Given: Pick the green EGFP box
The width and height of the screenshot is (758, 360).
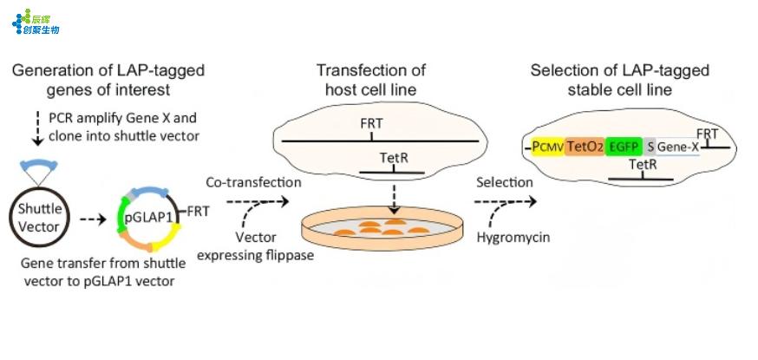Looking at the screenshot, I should coord(624,147).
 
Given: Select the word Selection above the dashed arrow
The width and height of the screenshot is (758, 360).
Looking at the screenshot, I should coord(503,183).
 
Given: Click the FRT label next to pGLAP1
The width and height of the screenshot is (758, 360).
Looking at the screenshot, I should coord(198,211).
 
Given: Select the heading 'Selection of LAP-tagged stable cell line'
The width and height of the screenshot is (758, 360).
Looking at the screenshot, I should coord(619,79).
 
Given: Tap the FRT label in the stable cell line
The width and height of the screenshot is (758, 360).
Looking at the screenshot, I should coord(707,133).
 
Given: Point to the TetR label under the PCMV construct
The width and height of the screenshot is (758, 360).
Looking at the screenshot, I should coord(641,165).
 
